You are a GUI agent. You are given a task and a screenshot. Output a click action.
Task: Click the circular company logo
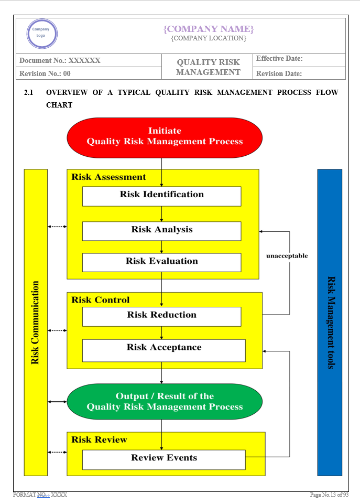click(41, 34)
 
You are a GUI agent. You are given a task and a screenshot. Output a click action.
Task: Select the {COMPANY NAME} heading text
click(208, 28)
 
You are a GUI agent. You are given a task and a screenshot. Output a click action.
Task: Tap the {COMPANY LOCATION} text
click(208, 38)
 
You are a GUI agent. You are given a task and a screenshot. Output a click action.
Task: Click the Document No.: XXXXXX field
click(60, 60)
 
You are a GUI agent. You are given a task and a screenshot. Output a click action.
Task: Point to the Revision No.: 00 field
click(45, 73)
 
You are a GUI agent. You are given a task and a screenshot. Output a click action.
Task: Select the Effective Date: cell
click(279, 59)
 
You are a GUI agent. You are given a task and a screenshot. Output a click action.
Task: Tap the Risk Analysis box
click(161, 230)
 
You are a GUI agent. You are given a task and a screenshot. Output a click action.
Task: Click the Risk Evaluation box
click(161, 262)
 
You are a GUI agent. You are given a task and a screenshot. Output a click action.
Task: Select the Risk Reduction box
click(161, 316)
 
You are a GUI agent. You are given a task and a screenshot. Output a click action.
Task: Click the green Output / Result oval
click(165, 402)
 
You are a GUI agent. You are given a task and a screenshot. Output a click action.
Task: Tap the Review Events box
click(163, 459)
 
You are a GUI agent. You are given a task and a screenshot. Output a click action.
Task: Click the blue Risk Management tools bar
click(330, 322)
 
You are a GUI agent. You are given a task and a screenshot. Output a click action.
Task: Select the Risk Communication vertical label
click(36, 322)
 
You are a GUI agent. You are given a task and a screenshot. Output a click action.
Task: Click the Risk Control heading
click(101, 300)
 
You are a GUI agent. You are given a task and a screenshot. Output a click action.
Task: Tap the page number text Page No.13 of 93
click(329, 495)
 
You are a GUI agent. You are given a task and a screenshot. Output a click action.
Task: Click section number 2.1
click(29, 92)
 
